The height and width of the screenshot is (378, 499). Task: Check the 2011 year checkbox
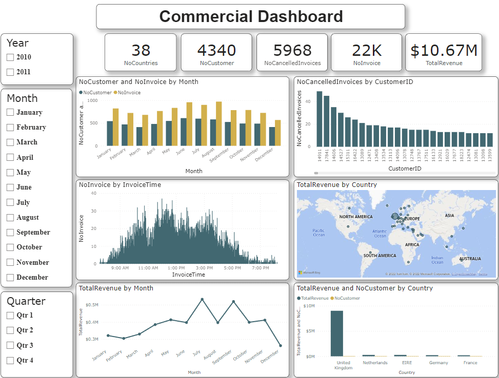[x=10, y=72]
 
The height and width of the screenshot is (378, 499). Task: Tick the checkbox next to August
[x=10, y=218]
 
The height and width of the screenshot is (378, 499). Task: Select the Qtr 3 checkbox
[x=10, y=346]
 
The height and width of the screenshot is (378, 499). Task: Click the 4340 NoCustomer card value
[x=216, y=50]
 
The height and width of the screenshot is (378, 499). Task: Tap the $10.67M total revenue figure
[x=444, y=50]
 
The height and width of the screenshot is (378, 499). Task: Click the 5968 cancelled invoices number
[x=292, y=50]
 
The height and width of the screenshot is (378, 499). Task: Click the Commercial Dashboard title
[x=251, y=16]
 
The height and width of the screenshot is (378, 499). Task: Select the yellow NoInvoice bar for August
[x=219, y=123]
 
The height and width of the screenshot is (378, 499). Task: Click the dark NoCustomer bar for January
[x=109, y=133]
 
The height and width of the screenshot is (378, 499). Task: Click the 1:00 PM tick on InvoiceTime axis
[x=176, y=268]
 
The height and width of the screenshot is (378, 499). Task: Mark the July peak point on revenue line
[x=202, y=299]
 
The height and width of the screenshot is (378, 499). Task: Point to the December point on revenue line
[x=280, y=345]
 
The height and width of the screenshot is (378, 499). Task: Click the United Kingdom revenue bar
[x=336, y=333]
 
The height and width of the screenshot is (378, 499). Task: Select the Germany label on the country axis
[x=438, y=363]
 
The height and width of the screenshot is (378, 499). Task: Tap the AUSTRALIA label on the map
[x=470, y=259]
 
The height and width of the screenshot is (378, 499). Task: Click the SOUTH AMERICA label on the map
[x=380, y=256]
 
